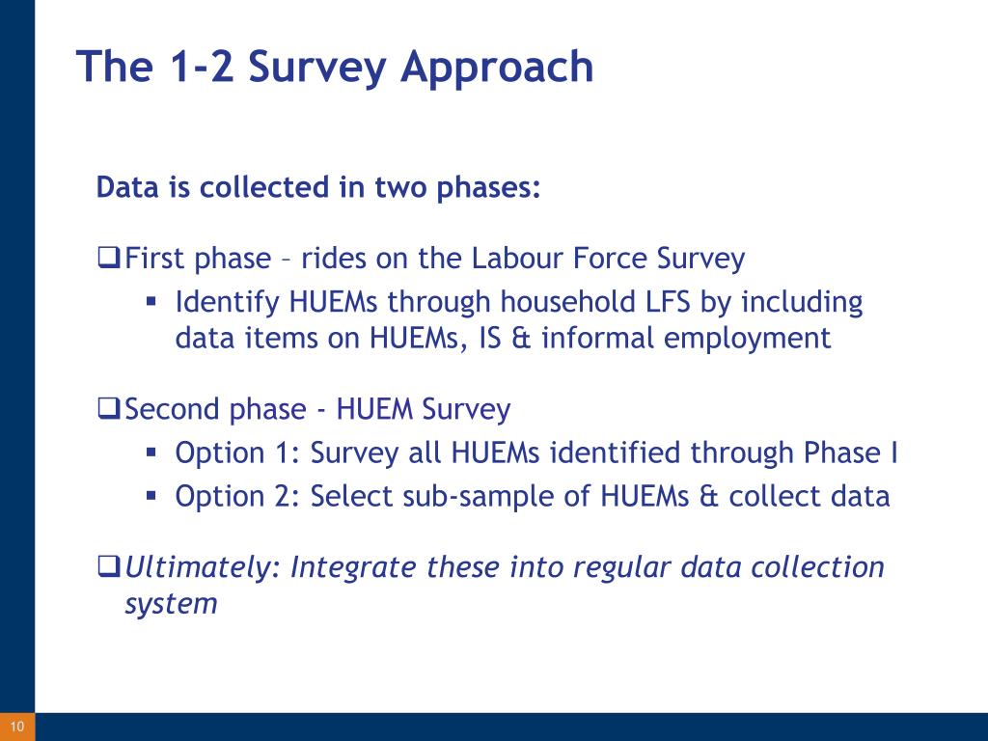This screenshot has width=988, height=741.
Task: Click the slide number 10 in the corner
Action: [17, 727]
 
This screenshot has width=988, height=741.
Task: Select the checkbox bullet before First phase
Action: [109, 258]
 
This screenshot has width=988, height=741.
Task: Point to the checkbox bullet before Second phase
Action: [109, 408]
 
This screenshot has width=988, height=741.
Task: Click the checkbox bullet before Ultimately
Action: [109, 565]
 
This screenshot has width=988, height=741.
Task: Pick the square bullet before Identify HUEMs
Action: [151, 301]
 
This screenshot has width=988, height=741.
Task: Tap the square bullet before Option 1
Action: [151, 452]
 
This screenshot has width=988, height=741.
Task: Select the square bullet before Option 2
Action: [151, 495]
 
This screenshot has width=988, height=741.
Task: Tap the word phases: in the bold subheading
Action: [489, 188]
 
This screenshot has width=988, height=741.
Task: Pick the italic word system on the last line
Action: [172, 604]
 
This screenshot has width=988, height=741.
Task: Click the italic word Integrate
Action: [353, 567]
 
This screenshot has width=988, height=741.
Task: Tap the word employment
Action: [748, 339]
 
